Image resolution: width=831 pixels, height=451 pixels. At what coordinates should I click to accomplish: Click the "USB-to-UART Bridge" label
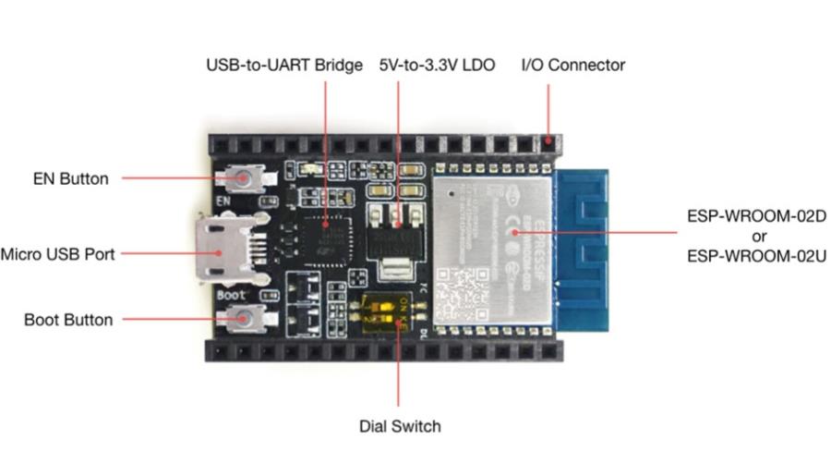(x=283, y=66)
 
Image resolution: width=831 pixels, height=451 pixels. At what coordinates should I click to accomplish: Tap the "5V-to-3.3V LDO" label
(x=437, y=66)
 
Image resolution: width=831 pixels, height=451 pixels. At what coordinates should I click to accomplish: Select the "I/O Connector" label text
(x=573, y=66)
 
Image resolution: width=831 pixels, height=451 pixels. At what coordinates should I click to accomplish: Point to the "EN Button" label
(x=71, y=179)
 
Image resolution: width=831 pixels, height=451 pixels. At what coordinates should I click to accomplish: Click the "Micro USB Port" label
(x=57, y=253)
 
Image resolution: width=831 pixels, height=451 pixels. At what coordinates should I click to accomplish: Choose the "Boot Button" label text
(x=68, y=320)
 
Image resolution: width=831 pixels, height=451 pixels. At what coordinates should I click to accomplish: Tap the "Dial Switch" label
(x=400, y=426)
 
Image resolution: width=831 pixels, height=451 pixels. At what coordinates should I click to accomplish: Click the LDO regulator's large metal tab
(x=395, y=271)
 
